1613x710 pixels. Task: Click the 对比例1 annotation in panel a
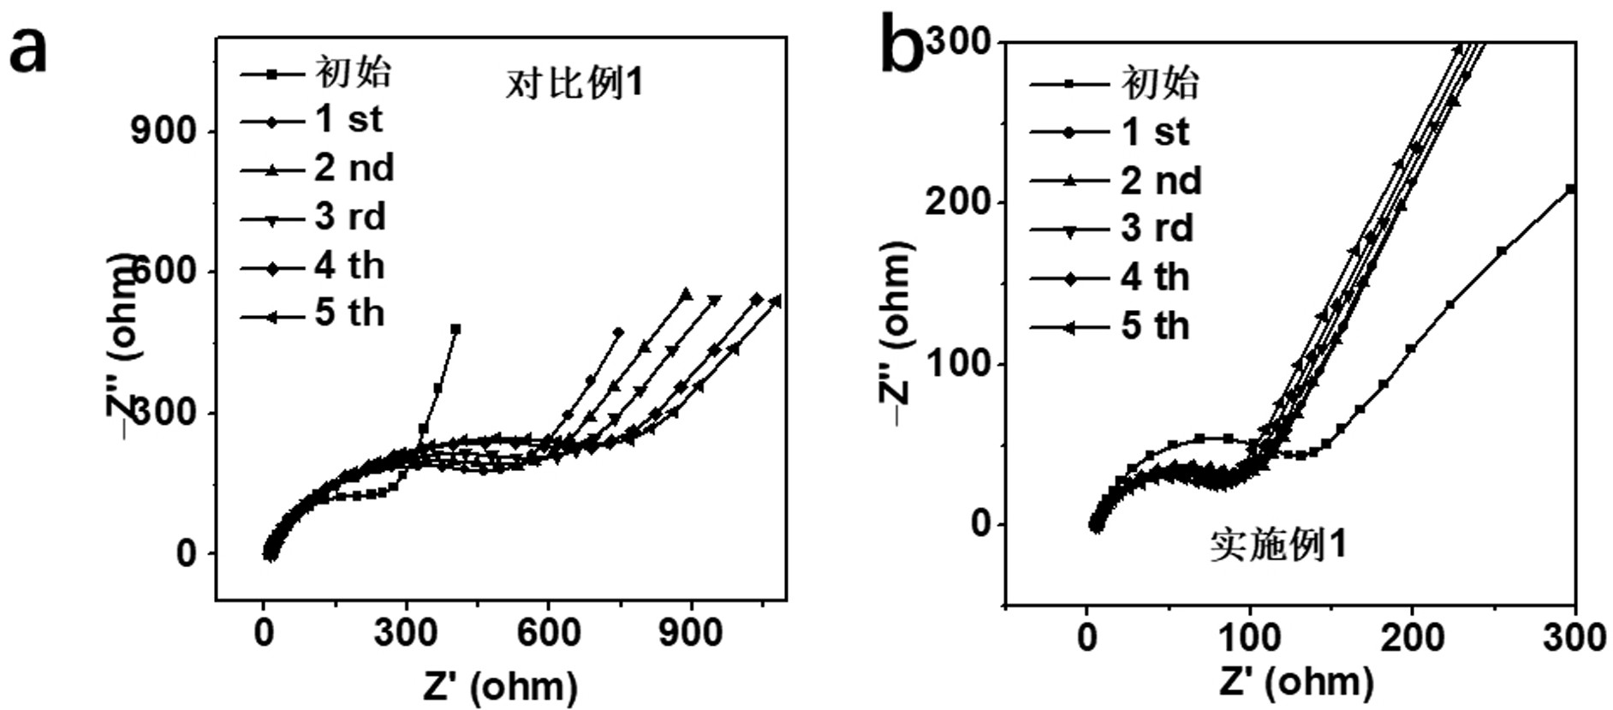coord(574,83)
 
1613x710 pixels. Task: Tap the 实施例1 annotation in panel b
coord(1278,545)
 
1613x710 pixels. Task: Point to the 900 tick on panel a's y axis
coord(163,131)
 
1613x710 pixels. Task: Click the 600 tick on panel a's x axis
coord(548,634)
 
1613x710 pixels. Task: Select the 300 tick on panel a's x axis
coord(406,634)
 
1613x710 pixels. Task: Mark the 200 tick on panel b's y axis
coord(955,203)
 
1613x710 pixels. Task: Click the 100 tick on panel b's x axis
coord(1250,638)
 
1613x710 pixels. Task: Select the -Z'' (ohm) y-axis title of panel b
coord(896,334)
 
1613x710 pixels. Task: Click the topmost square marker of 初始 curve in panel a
coord(455,329)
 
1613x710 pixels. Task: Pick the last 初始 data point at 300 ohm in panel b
coord(1570,189)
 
